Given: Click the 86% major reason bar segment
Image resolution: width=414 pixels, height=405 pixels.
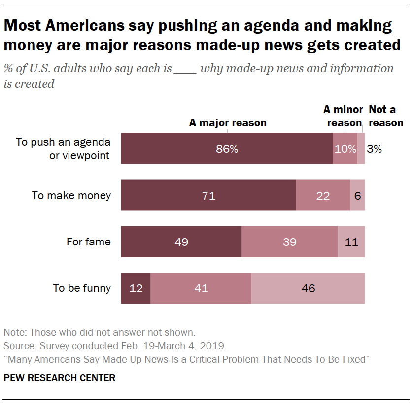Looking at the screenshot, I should pyautogui.click(x=227, y=149).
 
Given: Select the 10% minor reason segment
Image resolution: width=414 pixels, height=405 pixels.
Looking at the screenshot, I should pyautogui.click(x=345, y=149).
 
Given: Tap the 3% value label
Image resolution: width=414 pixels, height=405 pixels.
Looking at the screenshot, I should pyautogui.click(x=375, y=149).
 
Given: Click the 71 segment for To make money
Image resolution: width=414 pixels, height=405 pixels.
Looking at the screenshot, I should pyautogui.click(x=208, y=195).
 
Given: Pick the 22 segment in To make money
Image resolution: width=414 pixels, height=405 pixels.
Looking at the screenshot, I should pyautogui.click(x=323, y=195).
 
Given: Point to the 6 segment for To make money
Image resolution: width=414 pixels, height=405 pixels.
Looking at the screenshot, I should pyautogui.click(x=358, y=195).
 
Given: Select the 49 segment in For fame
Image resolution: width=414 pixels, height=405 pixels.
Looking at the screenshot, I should pyautogui.click(x=181, y=242).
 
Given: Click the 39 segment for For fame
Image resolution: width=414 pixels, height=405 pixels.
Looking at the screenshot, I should pyautogui.click(x=290, y=242).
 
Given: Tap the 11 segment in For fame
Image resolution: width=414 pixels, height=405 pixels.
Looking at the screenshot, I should pyautogui.click(x=351, y=242).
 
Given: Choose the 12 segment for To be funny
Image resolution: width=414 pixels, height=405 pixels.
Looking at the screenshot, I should pyautogui.click(x=136, y=288).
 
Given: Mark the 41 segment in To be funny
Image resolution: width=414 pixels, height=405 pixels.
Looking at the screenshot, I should pyautogui.click(x=201, y=288).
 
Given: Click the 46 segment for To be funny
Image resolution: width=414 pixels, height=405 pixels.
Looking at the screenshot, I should pyautogui.click(x=308, y=288).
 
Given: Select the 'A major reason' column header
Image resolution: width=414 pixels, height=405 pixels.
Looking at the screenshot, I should pyautogui.click(x=228, y=123).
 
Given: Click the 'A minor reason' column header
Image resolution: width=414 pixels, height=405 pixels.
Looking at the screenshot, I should pyautogui.click(x=344, y=116).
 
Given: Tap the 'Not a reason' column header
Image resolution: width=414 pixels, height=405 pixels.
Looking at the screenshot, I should pyautogui.click(x=384, y=116).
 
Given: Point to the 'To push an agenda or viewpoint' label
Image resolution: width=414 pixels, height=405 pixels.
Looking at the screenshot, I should pyautogui.click(x=63, y=149).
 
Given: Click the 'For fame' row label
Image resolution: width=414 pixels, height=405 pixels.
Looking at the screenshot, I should pyautogui.click(x=89, y=242).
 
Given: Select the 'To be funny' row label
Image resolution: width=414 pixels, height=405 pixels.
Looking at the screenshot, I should pyautogui.click(x=82, y=288).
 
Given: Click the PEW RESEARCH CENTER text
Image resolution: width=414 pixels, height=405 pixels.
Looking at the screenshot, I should pyautogui.click(x=60, y=378).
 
